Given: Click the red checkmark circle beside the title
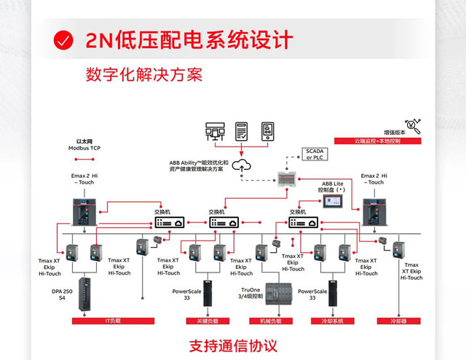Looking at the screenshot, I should tap(64, 39).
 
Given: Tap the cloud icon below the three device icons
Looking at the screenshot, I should tap(242, 165).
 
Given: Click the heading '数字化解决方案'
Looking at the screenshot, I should tap(143, 76).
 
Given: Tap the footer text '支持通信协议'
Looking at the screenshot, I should tap(233, 345).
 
